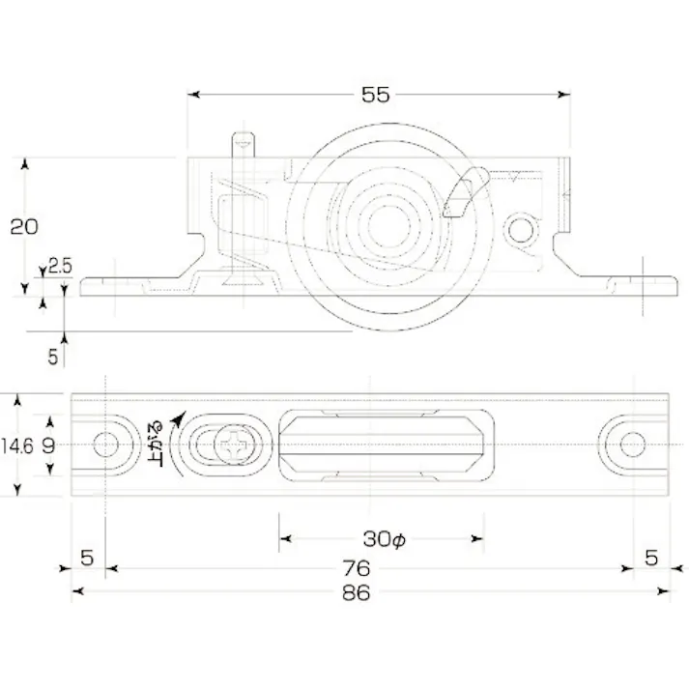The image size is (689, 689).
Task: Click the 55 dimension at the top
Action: (375, 95)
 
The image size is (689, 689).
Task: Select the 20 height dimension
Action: (23, 227)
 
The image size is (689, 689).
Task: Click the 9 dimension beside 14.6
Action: (48, 445)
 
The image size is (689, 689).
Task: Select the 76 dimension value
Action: (357, 567)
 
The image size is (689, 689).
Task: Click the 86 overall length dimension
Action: (357, 592)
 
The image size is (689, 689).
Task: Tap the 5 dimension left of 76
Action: (87, 558)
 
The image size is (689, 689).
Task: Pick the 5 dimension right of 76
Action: (651, 558)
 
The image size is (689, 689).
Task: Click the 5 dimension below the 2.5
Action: (53, 356)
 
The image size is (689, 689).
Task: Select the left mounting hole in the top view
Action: (106, 445)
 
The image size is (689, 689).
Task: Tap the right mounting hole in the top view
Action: (632, 445)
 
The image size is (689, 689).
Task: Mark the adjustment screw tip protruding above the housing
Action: (243, 144)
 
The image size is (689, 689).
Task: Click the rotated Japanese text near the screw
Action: (156, 445)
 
